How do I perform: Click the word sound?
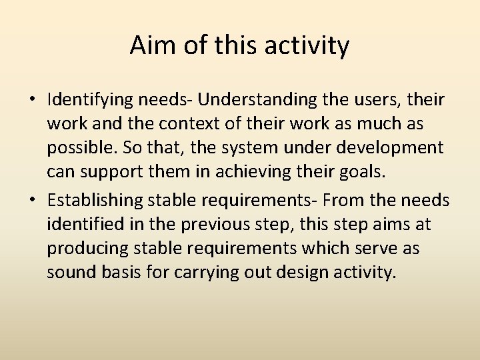pyautogui.click(x=70, y=273)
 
